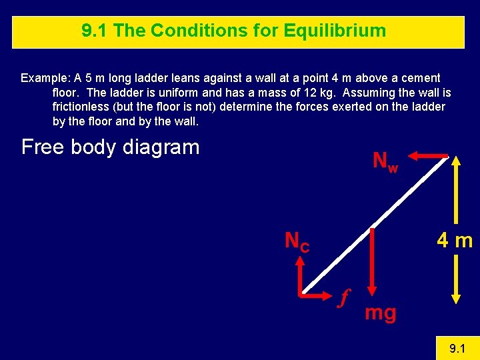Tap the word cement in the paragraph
(420, 78)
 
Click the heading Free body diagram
(110, 147)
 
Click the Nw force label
(385, 162)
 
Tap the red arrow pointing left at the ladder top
(427, 156)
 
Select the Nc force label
(297, 241)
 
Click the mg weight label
(380, 313)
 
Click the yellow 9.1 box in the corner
(457, 347)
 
